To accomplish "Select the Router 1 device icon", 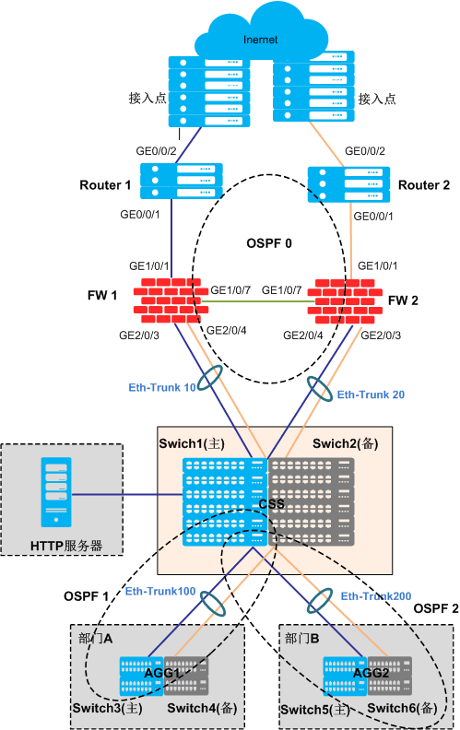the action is pyautogui.click(x=181, y=181).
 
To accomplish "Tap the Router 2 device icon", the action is pyautogui.click(x=348, y=184).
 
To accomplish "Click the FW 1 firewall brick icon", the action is pyautogui.click(x=171, y=300).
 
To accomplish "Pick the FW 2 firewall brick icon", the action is pyautogui.click(x=345, y=301).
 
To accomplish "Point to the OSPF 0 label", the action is pyautogui.click(x=269, y=243).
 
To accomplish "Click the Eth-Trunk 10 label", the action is pyautogui.click(x=162, y=388).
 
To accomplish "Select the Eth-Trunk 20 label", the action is pyautogui.click(x=371, y=394).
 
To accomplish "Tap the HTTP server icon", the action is pyautogui.click(x=56, y=492).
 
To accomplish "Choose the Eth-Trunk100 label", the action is pyautogui.click(x=160, y=591).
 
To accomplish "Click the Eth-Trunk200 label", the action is pyautogui.click(x=376, y=596).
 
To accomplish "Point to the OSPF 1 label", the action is pyautogui.click(x=86, y=596).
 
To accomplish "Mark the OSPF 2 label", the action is pyautogui.click(x=436, y=608).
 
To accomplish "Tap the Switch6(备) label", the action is pyautogui.click(x=402, y=708).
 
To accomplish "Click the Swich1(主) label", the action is pyautogui.click(x=192, y=443).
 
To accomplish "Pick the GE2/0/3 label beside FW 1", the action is pyautogui.click(x=139, y=336).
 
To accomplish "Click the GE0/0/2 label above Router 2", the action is pyautogui.click(x=365, y=151).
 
